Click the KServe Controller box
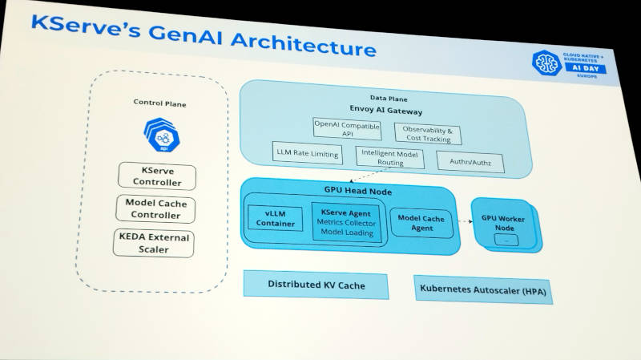[155, 176]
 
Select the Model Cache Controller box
[157, 209]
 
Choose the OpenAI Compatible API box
[347, 128]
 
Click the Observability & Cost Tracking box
[427, 135]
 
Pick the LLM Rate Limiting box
[308, 152]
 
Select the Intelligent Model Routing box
[390, 157]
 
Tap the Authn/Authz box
[470, 162]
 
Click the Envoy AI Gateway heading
[385, 111]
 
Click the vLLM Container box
[275, 217]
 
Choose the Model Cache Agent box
[421, 223]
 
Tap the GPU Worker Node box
[503, 224]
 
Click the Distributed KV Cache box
[315, 285]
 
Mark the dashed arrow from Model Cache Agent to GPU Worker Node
[462, 222]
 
